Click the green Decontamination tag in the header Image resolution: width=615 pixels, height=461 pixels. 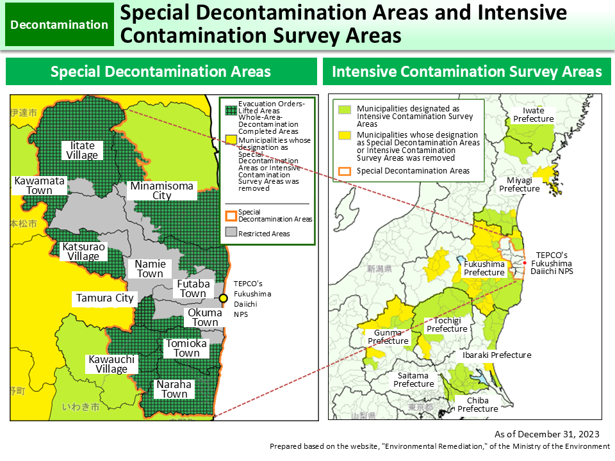(60, 25)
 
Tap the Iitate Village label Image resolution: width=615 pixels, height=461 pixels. (83, 150)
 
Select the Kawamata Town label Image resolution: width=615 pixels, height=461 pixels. (40, 186)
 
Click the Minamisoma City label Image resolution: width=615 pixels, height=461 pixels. (161, 191)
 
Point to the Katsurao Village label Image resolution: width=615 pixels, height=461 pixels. (83, 252)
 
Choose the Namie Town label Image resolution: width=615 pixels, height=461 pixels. (150, 269)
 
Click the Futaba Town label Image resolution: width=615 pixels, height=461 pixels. (193, 289)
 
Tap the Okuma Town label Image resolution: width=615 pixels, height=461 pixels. (205, 318)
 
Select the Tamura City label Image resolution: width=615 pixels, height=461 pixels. (104, 298)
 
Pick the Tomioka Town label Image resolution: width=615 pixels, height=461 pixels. (186, 348)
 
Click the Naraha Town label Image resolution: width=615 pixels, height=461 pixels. (174, 389)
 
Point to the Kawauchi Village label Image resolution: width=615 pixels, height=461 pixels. (111, 364)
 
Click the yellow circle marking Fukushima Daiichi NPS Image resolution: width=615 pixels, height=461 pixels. (223, 298)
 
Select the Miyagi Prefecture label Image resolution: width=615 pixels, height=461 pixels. (519, 184)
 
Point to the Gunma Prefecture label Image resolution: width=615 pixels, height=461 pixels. (388, 337)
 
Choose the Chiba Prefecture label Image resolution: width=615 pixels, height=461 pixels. (477, 405)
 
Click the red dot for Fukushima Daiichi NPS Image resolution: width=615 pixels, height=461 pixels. (524, 263)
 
